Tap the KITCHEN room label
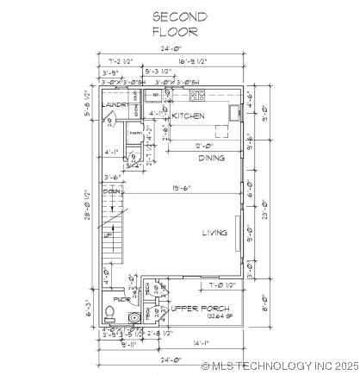188,116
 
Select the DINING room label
212,158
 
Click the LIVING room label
214,233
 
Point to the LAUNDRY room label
117,105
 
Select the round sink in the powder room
133,318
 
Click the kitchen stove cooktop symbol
197,96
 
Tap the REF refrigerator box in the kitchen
156,95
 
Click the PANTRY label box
136,134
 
